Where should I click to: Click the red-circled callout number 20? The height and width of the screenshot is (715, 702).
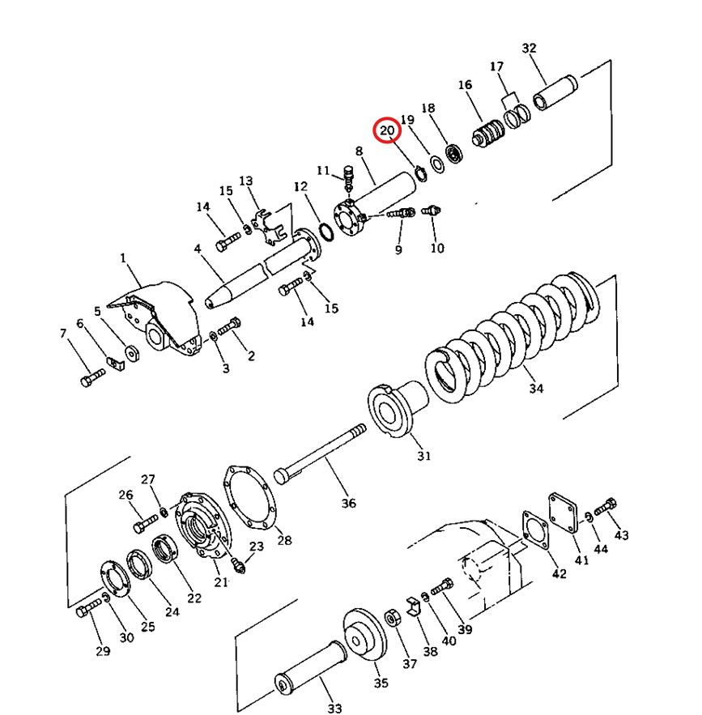point(386,131)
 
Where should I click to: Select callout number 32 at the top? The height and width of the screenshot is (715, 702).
point(529,49)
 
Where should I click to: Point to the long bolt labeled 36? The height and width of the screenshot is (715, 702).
point(320,454)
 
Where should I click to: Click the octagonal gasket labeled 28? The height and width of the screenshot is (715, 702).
point(249,497)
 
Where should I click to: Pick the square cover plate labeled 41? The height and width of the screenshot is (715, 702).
point(564,512)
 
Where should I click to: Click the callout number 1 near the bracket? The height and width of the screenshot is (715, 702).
point(122,258)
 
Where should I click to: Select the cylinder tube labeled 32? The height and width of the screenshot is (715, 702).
point(555,92)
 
